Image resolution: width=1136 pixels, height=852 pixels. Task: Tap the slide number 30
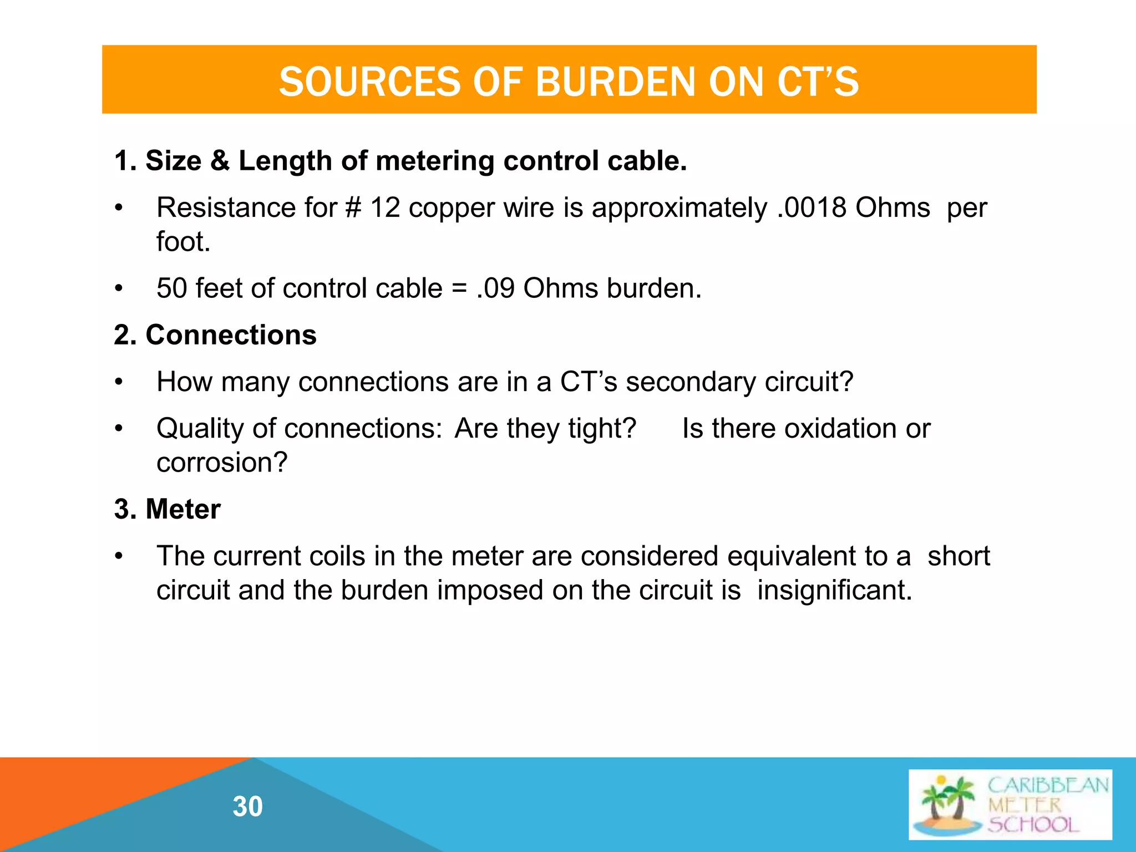coord(248,807)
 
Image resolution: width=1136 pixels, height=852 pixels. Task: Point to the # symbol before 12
coord(353,208)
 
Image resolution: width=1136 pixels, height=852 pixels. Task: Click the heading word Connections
coord(231,335)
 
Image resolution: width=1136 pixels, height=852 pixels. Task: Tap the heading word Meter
coord(183,509)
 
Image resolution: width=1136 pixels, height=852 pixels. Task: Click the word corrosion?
coord(222,463)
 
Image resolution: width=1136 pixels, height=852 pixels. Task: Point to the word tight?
coord(602,429)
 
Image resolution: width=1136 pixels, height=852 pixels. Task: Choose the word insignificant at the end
coord(834,590)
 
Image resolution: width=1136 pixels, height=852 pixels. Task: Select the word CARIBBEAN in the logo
coord(1048,785)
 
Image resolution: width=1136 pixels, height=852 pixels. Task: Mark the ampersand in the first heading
coord(220,161)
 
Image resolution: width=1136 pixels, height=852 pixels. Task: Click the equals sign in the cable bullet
coord(459,288)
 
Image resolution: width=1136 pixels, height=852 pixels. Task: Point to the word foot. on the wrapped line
coord(184,242)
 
